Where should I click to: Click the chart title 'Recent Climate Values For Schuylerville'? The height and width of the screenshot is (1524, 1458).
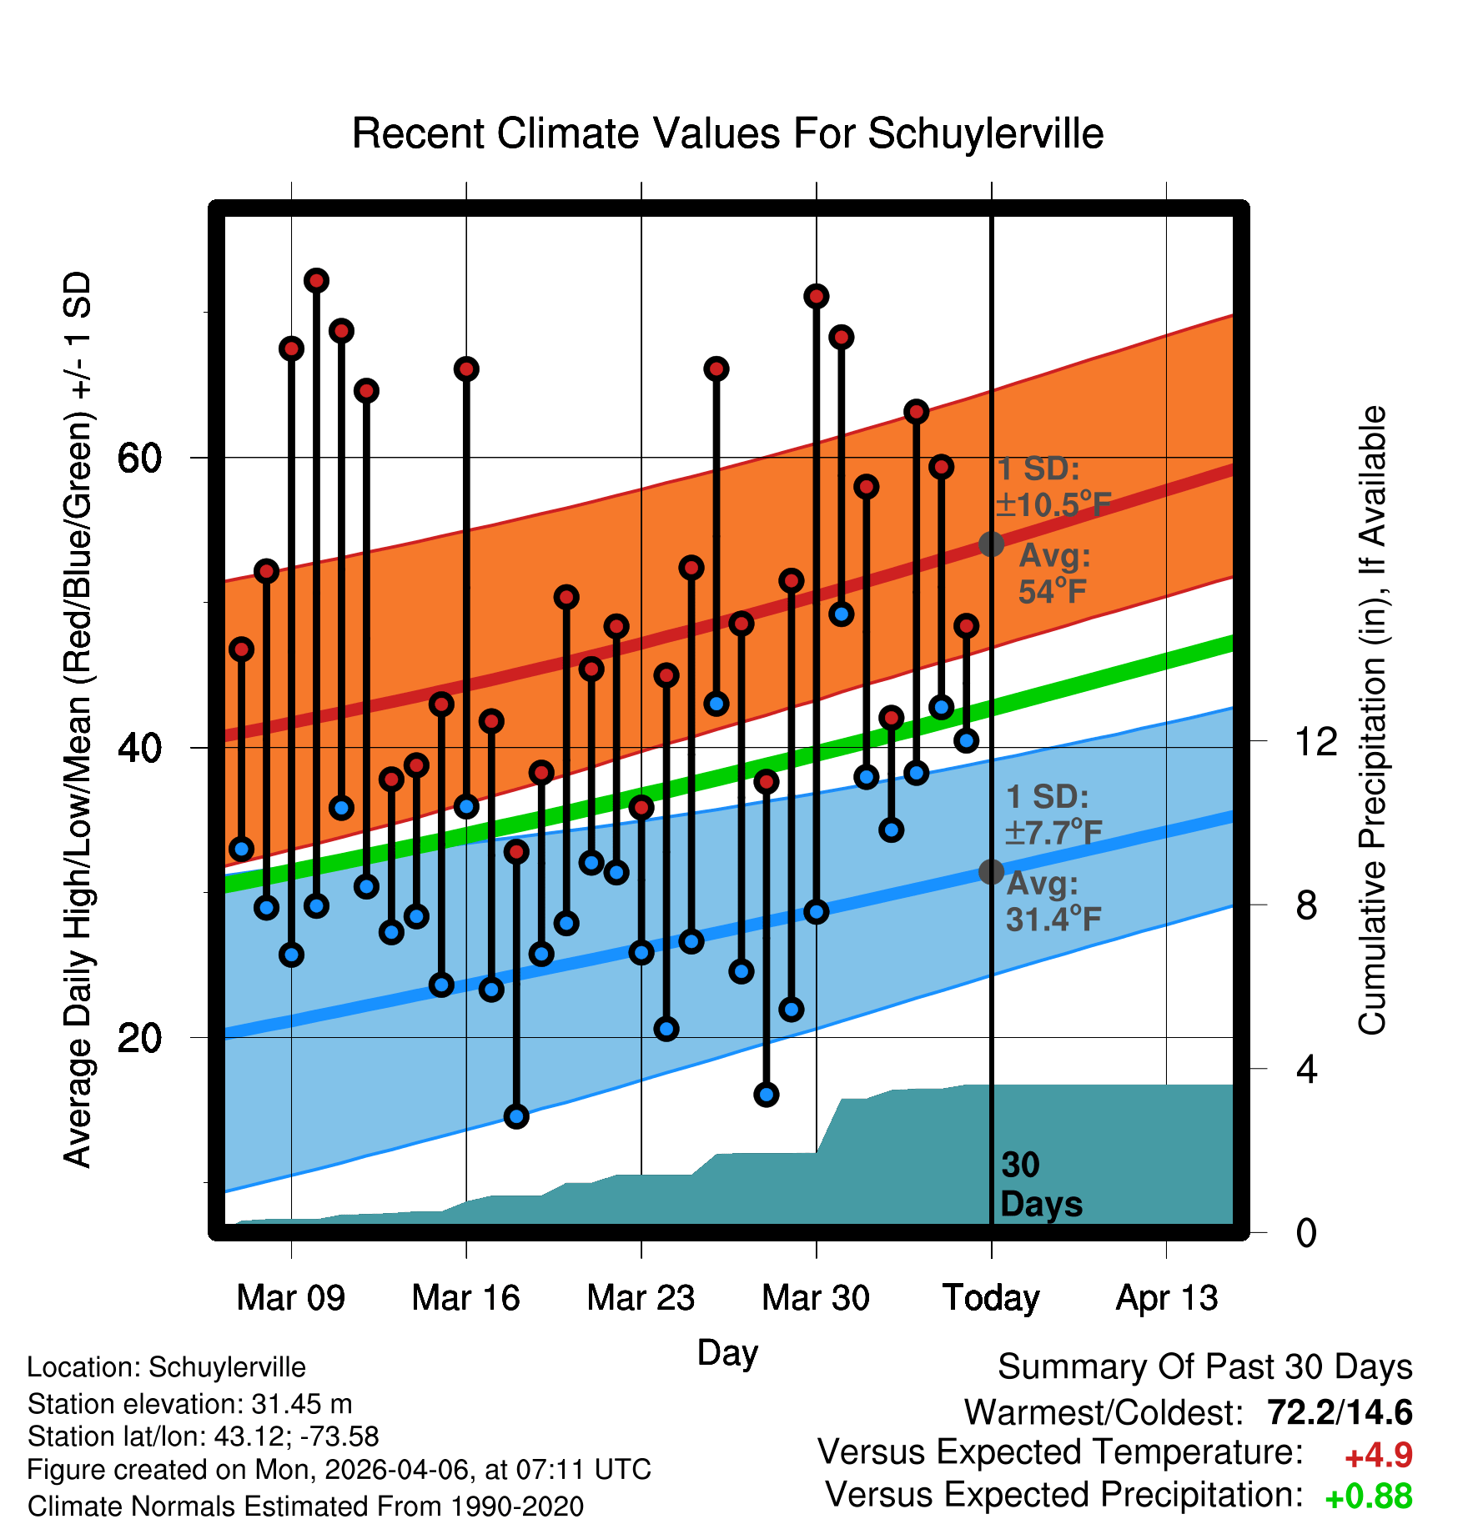point(727,133)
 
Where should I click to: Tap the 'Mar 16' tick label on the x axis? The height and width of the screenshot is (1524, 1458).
point(465,1297)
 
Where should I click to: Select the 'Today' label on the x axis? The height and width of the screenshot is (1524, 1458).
point(991,1298)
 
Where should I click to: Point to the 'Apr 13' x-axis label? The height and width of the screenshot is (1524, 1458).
point(1167,1298)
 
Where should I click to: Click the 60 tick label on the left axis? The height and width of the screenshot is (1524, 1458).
point(139,458)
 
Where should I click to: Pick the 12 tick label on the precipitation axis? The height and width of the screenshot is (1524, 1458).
point(1315,741)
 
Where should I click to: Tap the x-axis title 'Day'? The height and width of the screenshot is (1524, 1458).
point(727,1352)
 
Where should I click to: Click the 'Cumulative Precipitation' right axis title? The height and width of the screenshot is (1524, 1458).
point(1372,720)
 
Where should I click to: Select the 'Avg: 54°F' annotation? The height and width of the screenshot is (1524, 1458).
point(1054,574)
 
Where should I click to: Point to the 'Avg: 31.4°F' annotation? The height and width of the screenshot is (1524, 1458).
point(1053,901)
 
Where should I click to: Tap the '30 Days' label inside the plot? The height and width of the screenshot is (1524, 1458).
point(1041,1185)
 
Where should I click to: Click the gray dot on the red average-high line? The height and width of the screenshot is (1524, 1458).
point(991,544)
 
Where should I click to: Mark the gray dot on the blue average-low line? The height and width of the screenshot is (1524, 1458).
point(991,872)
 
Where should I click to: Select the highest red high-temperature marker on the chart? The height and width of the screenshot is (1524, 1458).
point(316,280)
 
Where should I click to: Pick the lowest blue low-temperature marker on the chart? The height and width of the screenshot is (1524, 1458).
point(516,1116)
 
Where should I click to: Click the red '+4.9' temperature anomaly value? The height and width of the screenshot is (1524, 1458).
point(1379,1456)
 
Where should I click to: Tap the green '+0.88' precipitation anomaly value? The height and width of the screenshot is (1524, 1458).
point(1369,1496)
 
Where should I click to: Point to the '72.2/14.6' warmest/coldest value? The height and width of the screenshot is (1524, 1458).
point(1340,1412)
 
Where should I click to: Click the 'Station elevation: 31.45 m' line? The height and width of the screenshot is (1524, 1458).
point(189,1404)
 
